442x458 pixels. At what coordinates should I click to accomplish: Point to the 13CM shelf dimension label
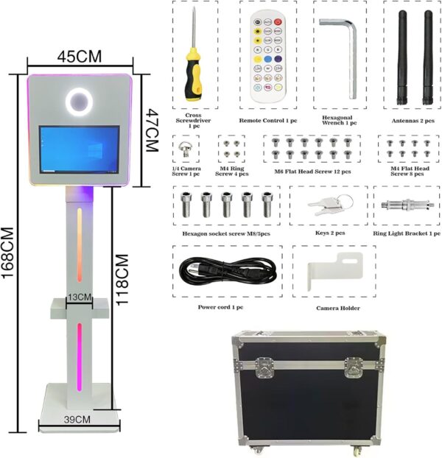pyautogui.click(x=79, y=297)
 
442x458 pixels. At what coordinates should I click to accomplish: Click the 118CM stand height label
pyautogui.click(x=123, y=280)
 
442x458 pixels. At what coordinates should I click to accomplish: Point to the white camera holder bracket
pyautogui.click(x=332, y=272)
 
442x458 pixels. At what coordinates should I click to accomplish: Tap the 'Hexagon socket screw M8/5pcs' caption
pyautogui.click(x=227, y=233)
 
